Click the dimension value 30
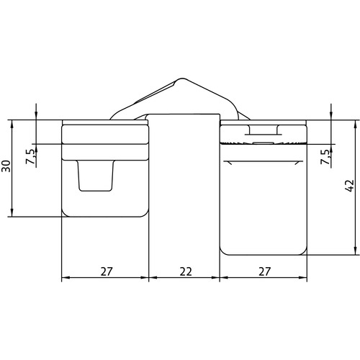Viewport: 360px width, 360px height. coord(6,166)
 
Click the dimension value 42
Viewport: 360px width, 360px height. coord(350,186)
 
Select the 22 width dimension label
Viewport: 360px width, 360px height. coord(186,271)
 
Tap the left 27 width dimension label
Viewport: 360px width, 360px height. coord(107,271)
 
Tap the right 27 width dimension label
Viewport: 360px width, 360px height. coord(264,271)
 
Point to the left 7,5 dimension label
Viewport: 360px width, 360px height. coord(31,156)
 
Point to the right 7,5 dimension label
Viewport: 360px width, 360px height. coord(326,157)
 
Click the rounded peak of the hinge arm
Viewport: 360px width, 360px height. coord(182,78)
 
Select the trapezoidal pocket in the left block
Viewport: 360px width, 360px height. coord(96,176)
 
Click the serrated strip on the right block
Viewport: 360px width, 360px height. coord(264,143)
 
